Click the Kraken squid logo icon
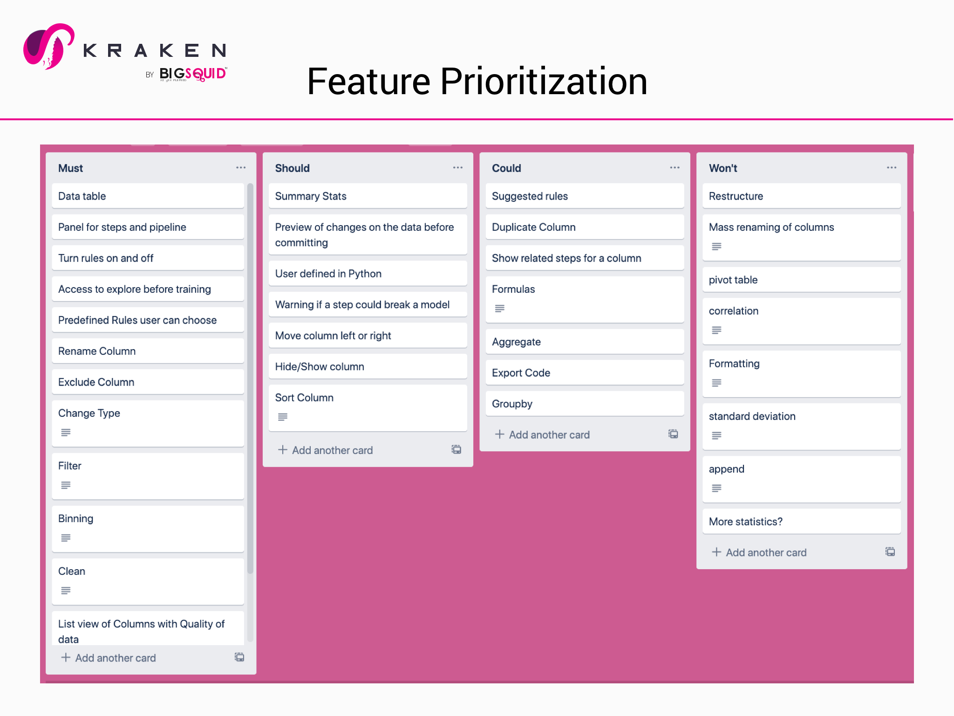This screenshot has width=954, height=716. click(48, 47)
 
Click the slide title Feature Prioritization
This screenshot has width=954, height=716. click(477, 82)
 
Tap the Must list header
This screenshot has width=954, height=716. click(71, 168)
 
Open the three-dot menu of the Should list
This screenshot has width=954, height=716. click(457, 168)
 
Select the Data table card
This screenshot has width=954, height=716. click(148, 196)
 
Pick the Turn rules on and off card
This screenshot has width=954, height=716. click(148, 258)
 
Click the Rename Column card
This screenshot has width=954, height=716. click(148, 351)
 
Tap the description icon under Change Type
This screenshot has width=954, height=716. click(66, 433)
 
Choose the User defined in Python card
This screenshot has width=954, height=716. click(368, 274)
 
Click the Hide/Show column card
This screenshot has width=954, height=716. click(368, 366)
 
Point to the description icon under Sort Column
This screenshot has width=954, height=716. click(283, 417)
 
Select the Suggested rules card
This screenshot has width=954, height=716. click(584, 196)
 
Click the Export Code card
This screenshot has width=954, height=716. click(584, 373)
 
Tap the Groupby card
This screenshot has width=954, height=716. click(584, 404)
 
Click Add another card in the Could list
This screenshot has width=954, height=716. click(549, 435)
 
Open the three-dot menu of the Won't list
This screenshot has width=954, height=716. click(891, 168)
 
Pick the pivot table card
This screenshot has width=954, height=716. click(801, 280)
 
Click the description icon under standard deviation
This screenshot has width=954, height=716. click(716, 435)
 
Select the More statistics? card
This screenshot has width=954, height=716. click(801, 522)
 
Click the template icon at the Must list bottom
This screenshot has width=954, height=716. click(239, 657)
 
